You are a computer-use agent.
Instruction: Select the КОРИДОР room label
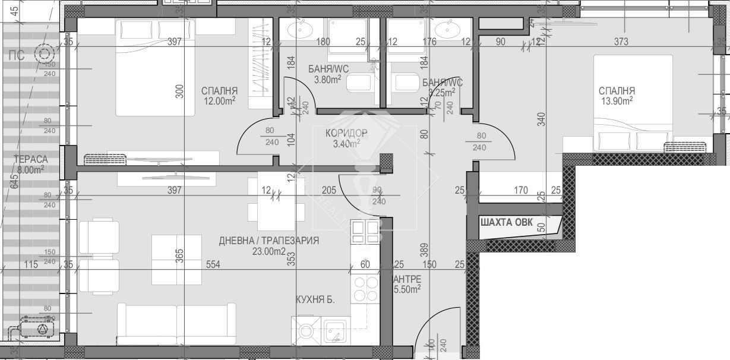coord(346,132)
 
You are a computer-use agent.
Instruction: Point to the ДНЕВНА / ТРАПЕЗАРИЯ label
coord(269,241)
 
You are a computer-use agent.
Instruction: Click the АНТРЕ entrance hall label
coord(407,279)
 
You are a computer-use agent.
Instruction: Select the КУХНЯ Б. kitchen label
coord(315,300)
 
